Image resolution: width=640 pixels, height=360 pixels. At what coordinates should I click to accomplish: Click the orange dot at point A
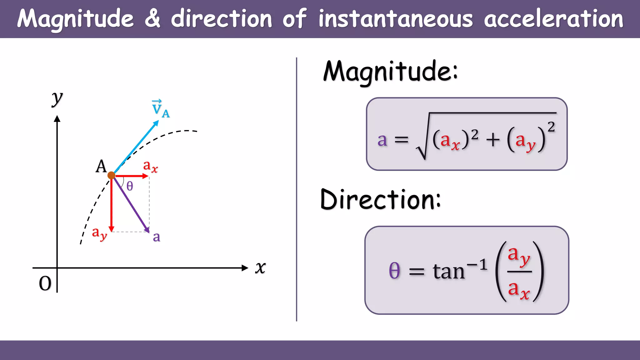click(111, 175)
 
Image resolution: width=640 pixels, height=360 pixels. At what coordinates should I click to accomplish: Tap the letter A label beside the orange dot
click(101, 166)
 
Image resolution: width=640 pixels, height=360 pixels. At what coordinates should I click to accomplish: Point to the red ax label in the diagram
click(150, 166)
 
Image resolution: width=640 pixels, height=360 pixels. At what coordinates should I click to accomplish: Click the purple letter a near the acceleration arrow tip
click(157, 237)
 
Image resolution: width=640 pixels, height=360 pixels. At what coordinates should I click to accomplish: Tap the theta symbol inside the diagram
click(130, 186)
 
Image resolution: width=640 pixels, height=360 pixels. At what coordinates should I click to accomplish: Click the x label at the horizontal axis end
click(260, 268)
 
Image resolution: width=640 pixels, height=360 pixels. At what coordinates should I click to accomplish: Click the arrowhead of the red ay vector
click(111, 229)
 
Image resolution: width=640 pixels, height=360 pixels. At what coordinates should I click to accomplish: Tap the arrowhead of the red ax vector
click(145, 176)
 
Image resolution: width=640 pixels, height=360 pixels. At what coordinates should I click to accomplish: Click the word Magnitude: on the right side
click(390, 72)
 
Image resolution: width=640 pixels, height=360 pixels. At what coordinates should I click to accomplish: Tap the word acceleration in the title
click(553, 19)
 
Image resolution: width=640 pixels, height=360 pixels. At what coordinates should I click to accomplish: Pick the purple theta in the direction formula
click(394, 270)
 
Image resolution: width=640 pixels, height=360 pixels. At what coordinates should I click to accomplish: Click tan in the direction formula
click(449, 271)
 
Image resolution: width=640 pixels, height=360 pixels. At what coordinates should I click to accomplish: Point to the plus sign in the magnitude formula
click(493, 140)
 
